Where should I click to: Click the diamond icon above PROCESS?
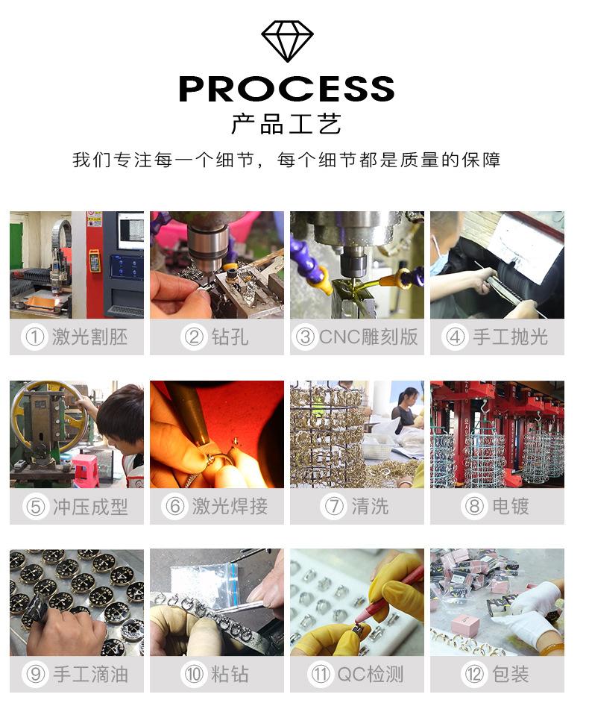click(287, 41)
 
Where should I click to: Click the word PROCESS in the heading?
click(286, 88)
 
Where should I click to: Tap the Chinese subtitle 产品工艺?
click(286, 124)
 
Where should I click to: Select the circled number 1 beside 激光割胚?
click(34, 337)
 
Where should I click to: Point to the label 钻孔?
click(230, 337)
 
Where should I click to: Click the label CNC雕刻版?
click(368, 337)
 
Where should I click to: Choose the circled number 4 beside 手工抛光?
click(455, 337)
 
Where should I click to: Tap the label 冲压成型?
click(90, 507)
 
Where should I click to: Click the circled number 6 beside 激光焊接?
click(175, 507)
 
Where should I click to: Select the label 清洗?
click(370, 507)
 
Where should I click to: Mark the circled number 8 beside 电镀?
click(474, 507)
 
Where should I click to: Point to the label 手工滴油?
click(90, 675)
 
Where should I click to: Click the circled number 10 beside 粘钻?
click(194, 675)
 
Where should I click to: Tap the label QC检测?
click(371, 675)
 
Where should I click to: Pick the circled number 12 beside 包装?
click(474, 675)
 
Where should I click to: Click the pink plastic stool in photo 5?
click(85, 470)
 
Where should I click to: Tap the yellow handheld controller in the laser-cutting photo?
click(95, 260)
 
